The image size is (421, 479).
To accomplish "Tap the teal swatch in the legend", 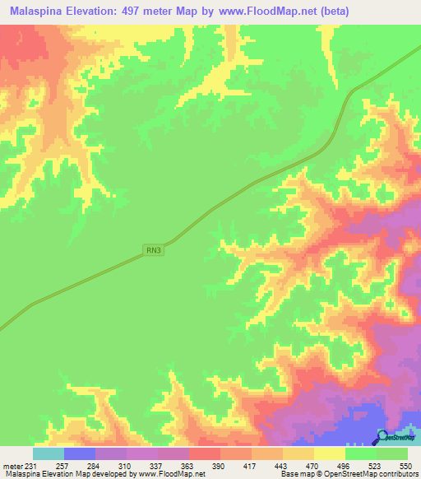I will point(49,453).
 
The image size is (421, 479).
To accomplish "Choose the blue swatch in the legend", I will point(80,453).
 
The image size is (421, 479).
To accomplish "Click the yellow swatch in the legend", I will point(330,453).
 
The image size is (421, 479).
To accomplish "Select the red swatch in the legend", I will point(205,453).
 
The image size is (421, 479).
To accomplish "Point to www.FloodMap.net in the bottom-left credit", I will point(171,474).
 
